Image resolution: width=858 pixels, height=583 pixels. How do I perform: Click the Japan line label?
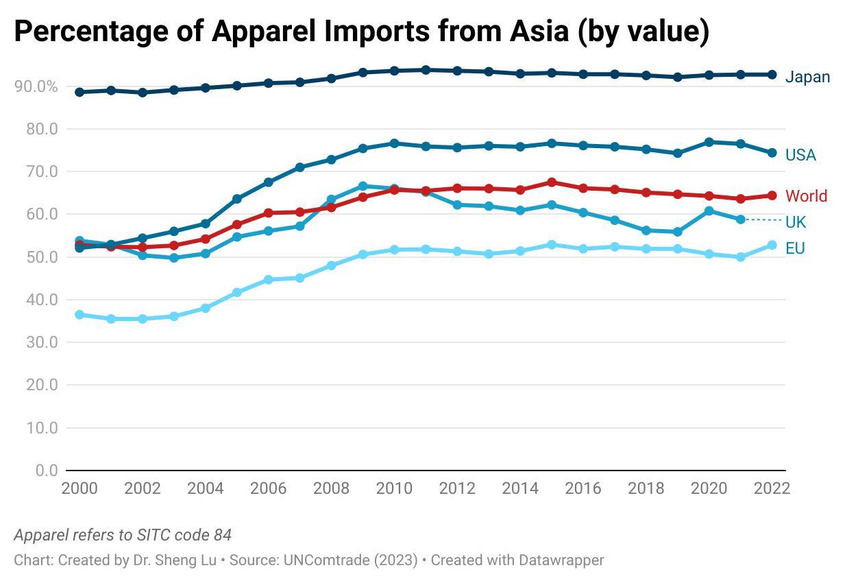click(x=807, y=77)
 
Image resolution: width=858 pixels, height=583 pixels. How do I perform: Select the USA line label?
click(x=800, y=156)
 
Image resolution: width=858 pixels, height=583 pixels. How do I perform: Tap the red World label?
click(x=806, y=196)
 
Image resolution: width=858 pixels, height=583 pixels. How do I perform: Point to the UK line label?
click(x=796, y=222)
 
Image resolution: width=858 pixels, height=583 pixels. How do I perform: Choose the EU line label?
click(x=795, y=248)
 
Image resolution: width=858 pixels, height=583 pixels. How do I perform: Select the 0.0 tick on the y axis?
click(x=45, y=471)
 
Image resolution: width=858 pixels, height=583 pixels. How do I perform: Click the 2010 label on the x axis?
click(x=395, y=488)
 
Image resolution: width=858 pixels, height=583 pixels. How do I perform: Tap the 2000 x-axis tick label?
click(x=79, y=488)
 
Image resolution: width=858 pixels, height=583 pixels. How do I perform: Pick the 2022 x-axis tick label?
click(x=772, y=488)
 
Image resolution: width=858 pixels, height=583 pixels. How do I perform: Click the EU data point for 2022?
click(x=772, y=245)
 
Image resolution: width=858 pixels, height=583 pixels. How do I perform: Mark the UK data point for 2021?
click(x=740, y=219)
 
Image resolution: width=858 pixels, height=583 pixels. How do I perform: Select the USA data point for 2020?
click(x=709, y=142)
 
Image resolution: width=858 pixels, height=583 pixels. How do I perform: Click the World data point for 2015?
click(x=552, y=182)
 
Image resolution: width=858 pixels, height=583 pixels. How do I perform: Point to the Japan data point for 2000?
click(x=79, y=92)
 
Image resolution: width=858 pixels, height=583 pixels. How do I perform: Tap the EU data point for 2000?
click(x=79, y=315)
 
